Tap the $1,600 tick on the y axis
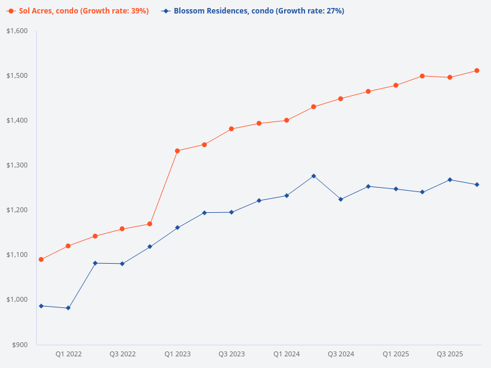tap(19, 31)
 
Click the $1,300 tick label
tap(19, 165)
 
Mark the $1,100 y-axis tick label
tap(19, 255)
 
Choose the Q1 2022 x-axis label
tap(68, 354)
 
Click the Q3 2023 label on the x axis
tap(231, 354)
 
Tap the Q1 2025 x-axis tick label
tap(395, 354)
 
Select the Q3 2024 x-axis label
tap(341, 354)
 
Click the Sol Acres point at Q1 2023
tap(177, 151)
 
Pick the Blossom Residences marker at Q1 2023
tap(177, 228)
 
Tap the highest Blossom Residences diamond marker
tap(314, 176)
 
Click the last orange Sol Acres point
tap(477, 71)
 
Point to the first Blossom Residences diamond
tap(41, 305)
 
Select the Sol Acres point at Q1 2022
tap(68, 246)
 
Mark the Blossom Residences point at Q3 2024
tap(341, 199)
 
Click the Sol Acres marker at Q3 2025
tap(450, 77)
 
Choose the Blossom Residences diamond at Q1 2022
tap(68, 308)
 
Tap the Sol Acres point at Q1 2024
tap(287, 120)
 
